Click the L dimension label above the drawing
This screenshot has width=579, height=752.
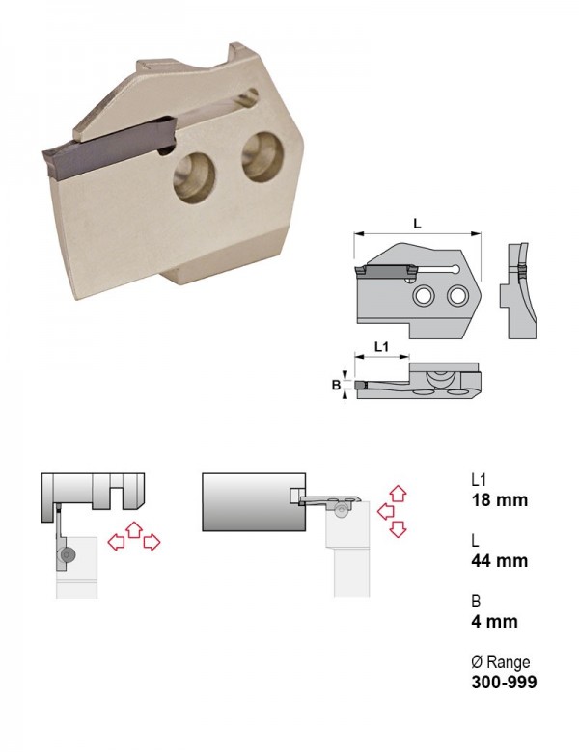417,223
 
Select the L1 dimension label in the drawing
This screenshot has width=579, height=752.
382,346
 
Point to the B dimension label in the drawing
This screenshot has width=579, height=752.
336,385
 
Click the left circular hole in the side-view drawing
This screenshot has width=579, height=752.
424,296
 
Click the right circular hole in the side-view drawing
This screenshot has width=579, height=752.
457,296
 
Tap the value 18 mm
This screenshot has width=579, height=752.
499,500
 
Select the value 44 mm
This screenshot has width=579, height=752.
499,561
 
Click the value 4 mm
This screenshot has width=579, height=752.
494,622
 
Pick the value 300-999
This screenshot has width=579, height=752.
504,682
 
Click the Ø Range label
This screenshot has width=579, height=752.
501,662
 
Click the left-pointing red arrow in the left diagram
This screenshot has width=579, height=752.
116,543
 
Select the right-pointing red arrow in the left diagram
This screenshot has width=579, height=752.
152,543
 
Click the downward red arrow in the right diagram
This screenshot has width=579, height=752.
398,529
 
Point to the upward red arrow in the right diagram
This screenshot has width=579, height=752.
398,494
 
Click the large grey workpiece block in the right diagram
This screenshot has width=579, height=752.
254,502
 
